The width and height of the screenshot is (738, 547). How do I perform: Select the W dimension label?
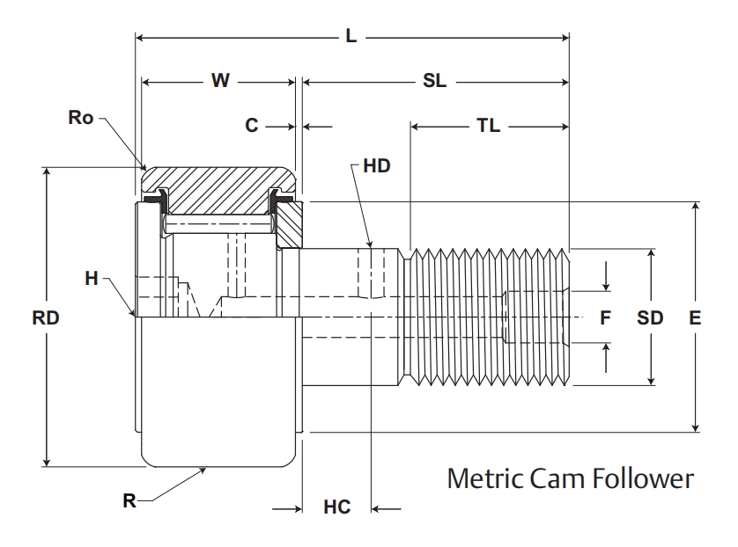220,81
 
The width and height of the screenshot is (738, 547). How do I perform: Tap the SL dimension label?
434,81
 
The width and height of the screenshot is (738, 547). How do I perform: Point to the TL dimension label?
488,126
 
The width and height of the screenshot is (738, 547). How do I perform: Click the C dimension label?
252,126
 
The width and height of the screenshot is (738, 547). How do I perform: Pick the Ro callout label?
80,117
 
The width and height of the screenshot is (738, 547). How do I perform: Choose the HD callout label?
375,164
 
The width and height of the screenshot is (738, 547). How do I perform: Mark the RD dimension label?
45,318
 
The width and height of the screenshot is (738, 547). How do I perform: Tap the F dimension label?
605,318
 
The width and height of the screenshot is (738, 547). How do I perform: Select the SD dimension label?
650,318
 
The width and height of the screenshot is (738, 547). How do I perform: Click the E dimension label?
696,318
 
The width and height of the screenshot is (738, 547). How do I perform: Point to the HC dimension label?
337,507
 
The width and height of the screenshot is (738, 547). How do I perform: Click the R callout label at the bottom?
129,501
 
